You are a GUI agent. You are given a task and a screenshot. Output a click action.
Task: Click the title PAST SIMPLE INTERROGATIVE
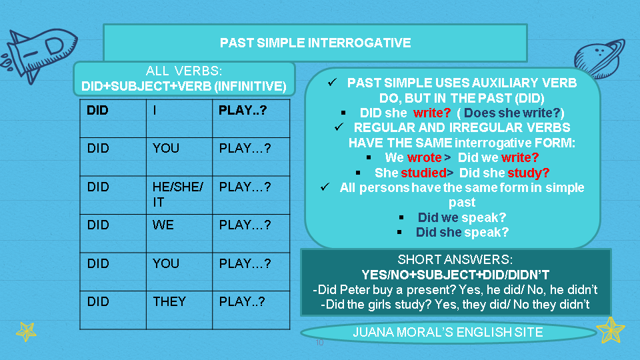315,43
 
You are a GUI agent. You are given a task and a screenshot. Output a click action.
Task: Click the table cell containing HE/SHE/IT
178,194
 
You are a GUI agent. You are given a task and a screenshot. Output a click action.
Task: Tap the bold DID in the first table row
97,111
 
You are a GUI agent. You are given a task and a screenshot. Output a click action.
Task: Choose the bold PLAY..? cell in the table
243,111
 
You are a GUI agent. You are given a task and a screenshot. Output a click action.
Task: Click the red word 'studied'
421,173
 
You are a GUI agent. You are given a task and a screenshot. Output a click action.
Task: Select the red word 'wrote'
424,158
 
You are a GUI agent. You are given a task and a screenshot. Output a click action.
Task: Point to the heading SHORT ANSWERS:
455,260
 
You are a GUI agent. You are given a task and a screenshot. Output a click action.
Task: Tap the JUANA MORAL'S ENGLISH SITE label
447,332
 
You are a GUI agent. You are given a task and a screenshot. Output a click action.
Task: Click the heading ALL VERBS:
183,71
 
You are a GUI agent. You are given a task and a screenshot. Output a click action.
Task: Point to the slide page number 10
319,343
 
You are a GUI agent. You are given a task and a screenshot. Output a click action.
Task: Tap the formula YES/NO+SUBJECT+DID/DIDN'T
455,275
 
